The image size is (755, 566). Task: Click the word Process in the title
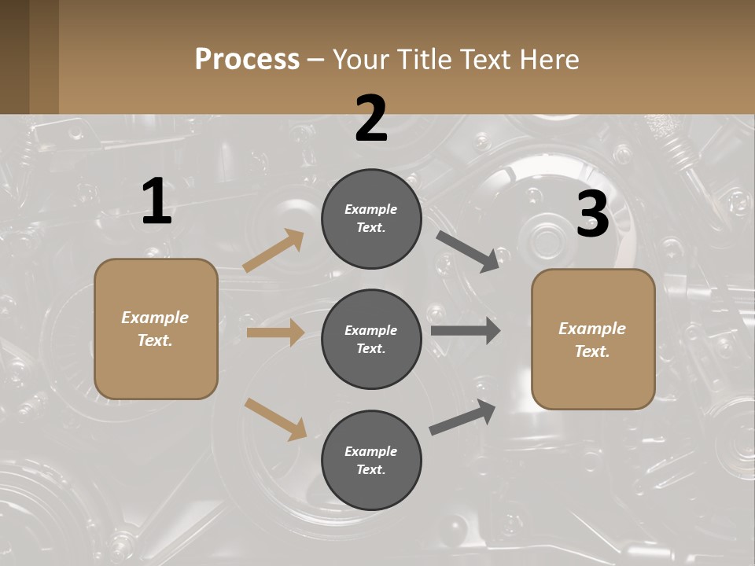click(247, 59)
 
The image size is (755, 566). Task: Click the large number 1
click(157, 202)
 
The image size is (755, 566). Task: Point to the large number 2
click(371, 119)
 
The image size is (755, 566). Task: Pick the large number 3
click(592, 215)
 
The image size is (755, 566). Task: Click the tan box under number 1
click(156, 329)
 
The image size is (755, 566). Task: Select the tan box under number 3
click(593, 340)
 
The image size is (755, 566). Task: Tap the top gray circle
click(371, 219)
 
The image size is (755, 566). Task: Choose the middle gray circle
click(371, 339)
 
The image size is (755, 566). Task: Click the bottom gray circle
click(371, 460)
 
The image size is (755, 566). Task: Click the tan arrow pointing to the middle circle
click(275, 333)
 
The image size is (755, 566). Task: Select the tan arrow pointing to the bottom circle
click(275, 418)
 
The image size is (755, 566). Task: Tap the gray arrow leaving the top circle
click(468, 252)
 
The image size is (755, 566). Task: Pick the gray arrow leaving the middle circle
click(466, 331)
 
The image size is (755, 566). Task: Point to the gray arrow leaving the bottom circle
click(463, 417)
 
